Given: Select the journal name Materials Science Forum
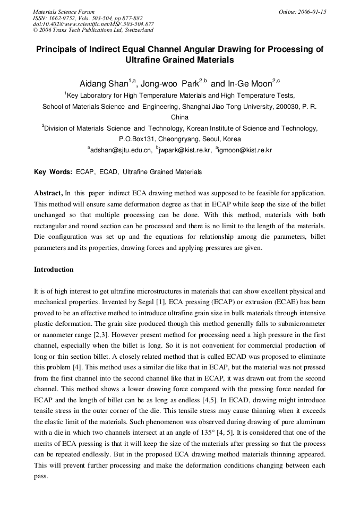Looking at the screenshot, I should pyautogui.click(x=64, y=12).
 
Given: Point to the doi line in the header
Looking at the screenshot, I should pyautogui.click(x=93, y=24).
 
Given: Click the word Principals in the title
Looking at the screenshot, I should pyautogui.click(x=59, y=49).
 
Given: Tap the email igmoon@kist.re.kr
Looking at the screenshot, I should pyautogui.click(x=245, y=150).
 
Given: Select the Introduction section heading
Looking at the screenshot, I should pyautogui.click(x=54, y=270).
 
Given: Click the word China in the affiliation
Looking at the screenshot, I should pyautogui.click(x=179, y=117).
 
